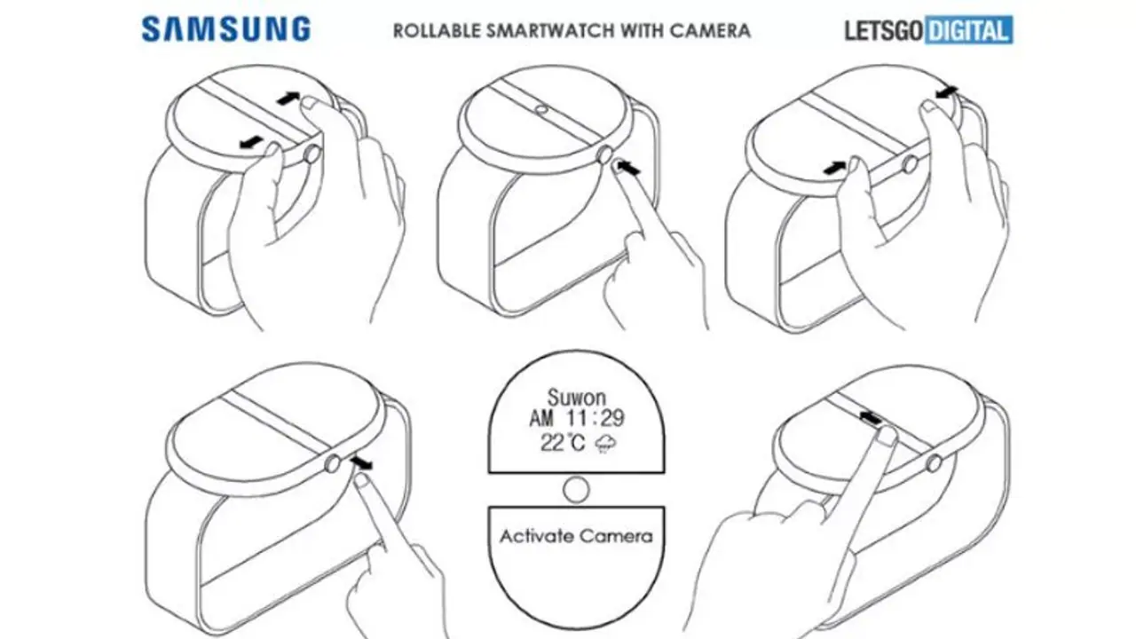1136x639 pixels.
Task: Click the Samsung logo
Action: click(226, 29)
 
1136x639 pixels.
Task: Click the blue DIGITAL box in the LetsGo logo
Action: click(968, 32)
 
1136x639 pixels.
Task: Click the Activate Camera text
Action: click(576, 536)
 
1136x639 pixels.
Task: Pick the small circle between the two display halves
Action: click(576, 489)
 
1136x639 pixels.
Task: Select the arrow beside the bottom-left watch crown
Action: click(361, 462)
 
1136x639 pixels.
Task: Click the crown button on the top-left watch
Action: click(312, 154)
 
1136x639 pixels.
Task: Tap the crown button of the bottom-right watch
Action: click(933, 462)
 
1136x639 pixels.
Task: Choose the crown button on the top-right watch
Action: click(910, 164)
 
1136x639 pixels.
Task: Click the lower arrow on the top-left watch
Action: click(251, 142)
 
